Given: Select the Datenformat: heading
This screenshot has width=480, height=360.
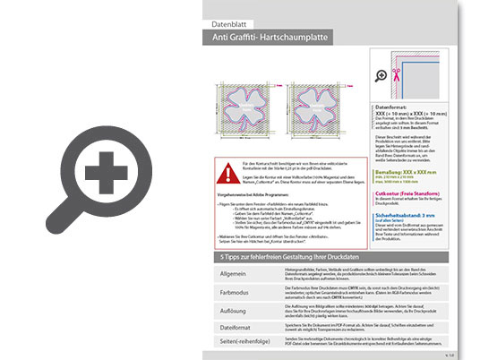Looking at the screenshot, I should click(395, 106).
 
